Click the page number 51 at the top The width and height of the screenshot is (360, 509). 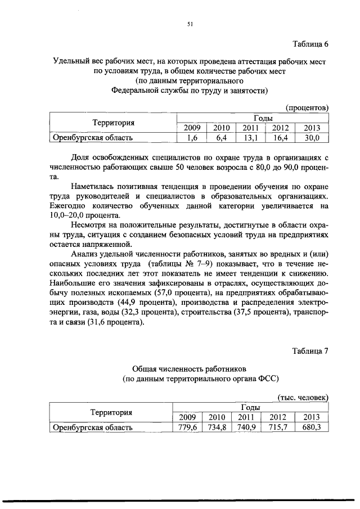click(190, 24)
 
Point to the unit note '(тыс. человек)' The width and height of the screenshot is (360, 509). click(303, 397)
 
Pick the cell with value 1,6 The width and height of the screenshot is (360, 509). click(192, 137)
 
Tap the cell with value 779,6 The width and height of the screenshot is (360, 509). click(187, 427)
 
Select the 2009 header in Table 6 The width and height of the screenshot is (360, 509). click(192, 128)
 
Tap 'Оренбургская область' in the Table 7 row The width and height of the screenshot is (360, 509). click(92, 427)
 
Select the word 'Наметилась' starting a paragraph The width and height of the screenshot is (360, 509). click(93, 186)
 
